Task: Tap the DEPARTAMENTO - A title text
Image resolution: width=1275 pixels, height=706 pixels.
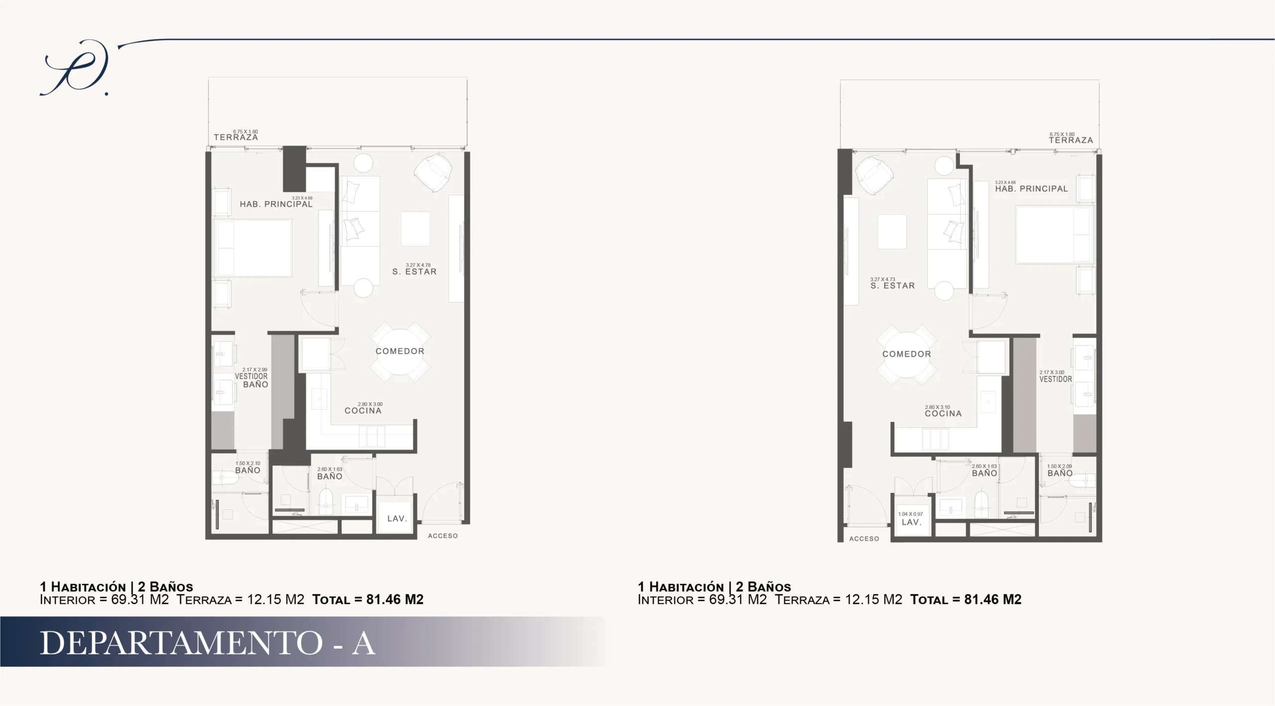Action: pyautogui.click(x=207, y=643)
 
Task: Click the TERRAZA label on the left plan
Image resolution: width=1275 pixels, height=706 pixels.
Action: pyautogui.click(x=236, y=137)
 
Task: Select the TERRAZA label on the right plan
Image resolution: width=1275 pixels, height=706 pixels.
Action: pyautogui.click(x=1071, y=140)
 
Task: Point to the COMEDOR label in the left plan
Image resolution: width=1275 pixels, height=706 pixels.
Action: pyautogui.click(x=400, y=351)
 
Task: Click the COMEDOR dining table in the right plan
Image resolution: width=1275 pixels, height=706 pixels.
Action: pyautogui.click(x=906, y=354)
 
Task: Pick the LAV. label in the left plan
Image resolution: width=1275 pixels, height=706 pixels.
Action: pyautogui.click(x=397, y=519)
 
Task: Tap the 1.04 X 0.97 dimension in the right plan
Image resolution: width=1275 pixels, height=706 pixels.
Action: pyautogui.click(x=910, y=514)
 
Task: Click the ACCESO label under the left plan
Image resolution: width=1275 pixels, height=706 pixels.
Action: pyautogui.click(x=443, y=536)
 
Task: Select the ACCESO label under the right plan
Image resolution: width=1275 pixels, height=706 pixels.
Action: pyautogui.click(x=864, y=539)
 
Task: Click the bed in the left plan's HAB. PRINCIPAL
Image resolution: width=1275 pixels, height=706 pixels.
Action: pyautogui.click(x=253, y=248)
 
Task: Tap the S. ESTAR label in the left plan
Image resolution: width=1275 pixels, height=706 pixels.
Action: pyautogui.click(x=414, y=272)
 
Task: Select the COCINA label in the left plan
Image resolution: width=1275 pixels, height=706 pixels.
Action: pyautogui.click(x=363, y=411)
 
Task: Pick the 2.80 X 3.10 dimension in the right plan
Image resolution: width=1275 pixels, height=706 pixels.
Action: pyautogui.click(x=938, y=407)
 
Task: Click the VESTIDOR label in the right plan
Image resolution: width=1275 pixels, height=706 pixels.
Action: pyautogui.click(x=1056, y=379)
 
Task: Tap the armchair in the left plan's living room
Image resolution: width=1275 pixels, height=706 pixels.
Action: pyautogui.click(x=433, y=172)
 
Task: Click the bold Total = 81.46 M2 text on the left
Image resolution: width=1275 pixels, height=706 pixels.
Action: pyautogui.click(x=368, y=599)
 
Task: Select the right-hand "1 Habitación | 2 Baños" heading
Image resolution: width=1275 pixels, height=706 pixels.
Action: pyautogui.click(x=715, y=587)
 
